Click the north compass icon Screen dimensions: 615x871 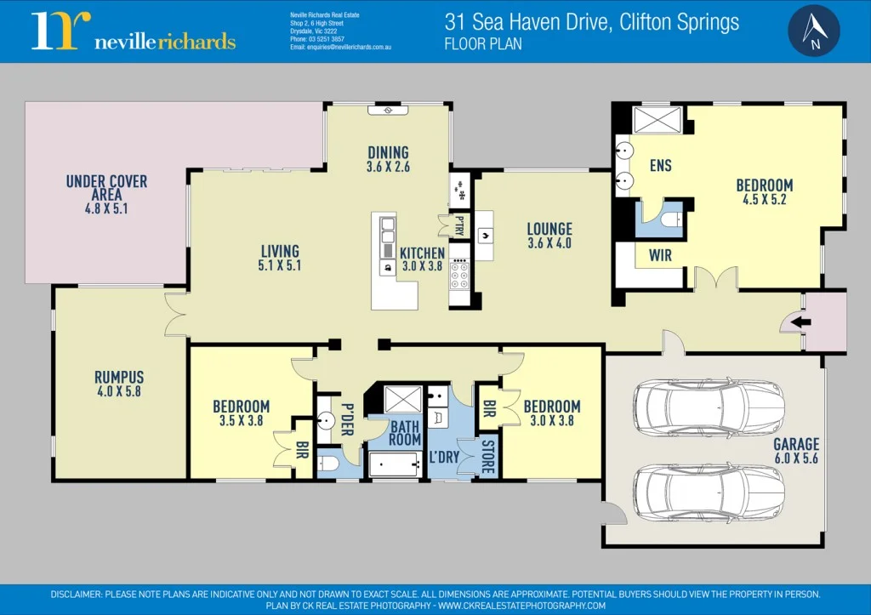(814, 31)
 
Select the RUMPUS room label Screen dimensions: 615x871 (119, 377)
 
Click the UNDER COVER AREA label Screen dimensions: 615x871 (106, 188)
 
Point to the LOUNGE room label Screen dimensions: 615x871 (549, 229)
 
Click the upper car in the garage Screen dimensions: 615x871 (709, 407)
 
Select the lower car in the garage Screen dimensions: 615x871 (709, 492)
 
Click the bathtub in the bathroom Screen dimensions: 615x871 (395, 464)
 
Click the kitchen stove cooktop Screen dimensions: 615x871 (459, 275)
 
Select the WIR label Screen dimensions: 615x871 (661, 254)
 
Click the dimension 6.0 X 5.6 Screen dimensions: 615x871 (796, 458)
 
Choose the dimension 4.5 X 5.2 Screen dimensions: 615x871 (764, 200)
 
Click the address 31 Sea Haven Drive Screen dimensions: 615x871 (591, 22)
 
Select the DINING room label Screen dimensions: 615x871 (388, 153)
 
